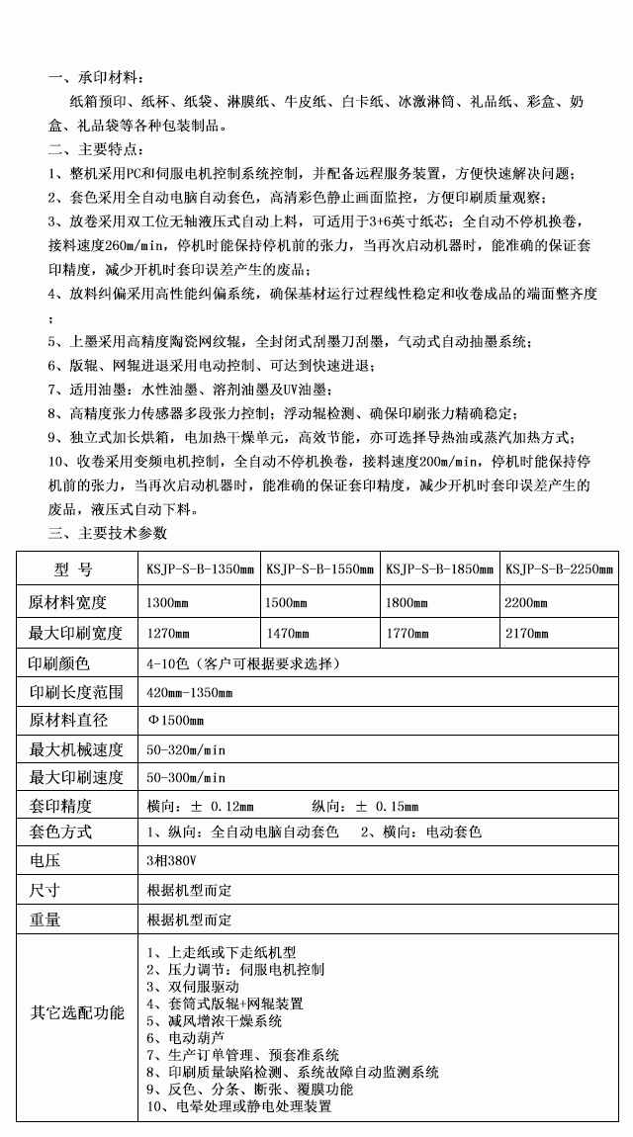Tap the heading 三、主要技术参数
[x=109, y=533]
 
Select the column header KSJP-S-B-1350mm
[x=200, y=569]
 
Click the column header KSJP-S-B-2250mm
[x=559, y=569]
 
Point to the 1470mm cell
[x=287, y=633]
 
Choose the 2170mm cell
[x=526, y=633]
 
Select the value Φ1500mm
[x=175, y=721]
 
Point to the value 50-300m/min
[x=186, y=777]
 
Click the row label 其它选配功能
[x=77, y=1012]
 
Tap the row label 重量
[x=45, y=919]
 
